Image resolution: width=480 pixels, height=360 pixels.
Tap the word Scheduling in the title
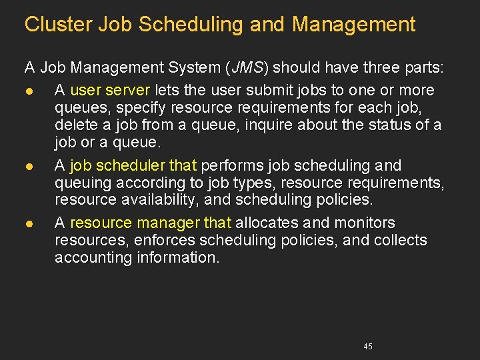193,25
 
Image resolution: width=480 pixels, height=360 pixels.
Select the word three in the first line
361,67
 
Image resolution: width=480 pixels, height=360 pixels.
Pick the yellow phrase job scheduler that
133,165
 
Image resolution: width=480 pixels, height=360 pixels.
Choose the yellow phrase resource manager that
151,223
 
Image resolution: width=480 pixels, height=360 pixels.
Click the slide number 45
368,347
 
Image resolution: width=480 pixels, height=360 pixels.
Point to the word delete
74,125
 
